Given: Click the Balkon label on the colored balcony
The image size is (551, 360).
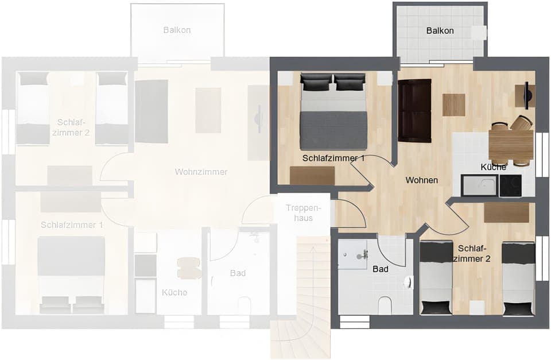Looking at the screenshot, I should (440, 30).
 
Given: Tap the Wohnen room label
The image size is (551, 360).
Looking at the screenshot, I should (421, 180).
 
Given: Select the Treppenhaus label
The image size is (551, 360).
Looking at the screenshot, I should (302, 214).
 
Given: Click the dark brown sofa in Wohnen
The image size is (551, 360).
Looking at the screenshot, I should (414, 110).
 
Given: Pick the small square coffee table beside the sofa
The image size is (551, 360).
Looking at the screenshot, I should (453, 104).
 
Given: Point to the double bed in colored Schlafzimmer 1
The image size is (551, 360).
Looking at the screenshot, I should (333, 112).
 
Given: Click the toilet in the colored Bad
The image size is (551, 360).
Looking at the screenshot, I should (385, 305).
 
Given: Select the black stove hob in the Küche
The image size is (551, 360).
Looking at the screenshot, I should (510, 185).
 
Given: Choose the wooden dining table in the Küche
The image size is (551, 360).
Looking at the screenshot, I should (510, 144).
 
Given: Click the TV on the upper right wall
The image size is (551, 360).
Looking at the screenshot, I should (526, 95).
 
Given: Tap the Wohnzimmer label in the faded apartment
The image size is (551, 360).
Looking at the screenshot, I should (201, 172).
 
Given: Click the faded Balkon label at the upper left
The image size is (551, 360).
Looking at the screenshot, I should (176, 30).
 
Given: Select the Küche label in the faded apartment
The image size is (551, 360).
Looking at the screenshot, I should (174, 292).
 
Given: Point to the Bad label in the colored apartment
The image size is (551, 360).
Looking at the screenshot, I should (380, 269).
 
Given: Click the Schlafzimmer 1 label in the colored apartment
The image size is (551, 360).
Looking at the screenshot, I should (333, 158).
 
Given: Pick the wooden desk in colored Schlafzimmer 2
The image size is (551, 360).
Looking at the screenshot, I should (506, 212).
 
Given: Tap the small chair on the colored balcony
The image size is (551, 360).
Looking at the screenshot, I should (479, 33).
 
